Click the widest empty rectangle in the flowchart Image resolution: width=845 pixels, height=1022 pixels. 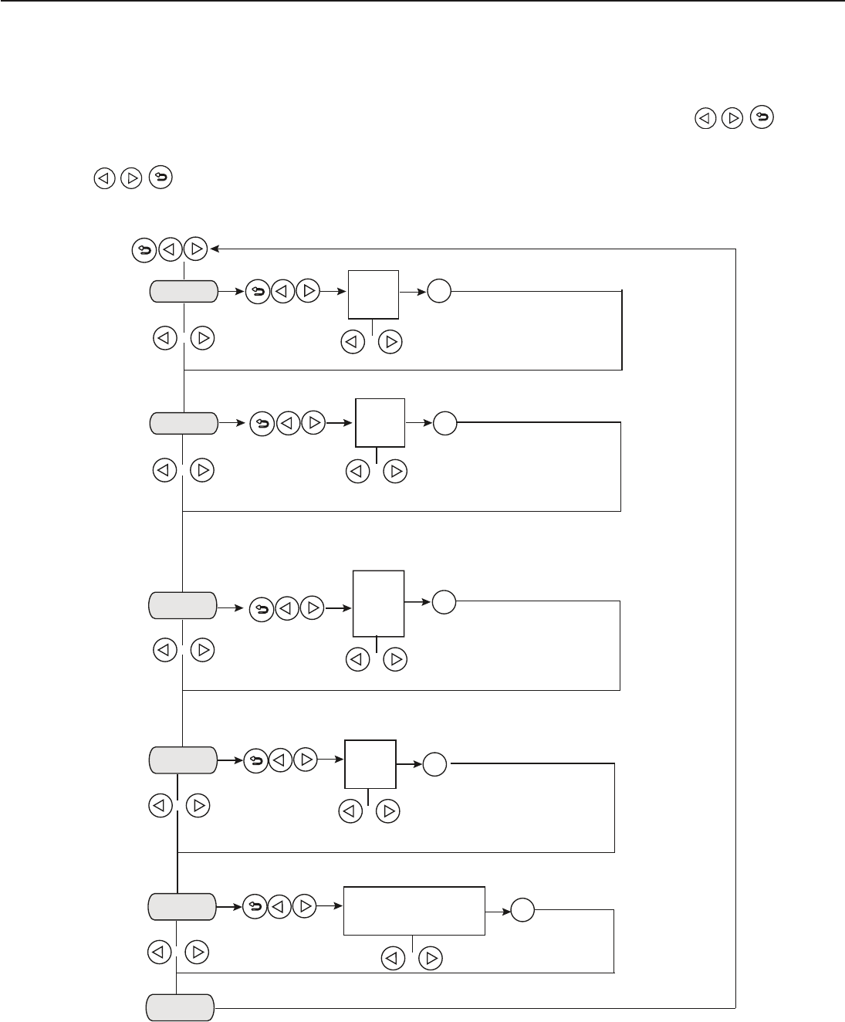click(414, 911)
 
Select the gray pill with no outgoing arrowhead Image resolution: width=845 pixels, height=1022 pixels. click(181, 1008)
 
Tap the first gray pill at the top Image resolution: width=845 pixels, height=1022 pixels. click(183, 292)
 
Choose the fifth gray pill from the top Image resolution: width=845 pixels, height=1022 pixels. click(182, 907)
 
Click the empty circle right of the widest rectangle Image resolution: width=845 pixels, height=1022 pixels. click(522, 911)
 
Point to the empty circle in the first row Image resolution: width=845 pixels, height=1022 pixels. click(439, 293)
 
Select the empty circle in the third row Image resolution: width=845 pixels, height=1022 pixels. click(444, 602)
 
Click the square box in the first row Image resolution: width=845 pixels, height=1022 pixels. click(373, 294)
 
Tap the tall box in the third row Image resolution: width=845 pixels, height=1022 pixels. click(378, 603)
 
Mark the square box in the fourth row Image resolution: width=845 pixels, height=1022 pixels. click(370, 763)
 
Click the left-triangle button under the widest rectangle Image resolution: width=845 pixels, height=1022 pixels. click(394, 959)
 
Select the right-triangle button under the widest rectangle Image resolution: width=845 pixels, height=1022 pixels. click(431, 959)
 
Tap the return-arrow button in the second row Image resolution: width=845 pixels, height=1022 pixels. click(262, 424)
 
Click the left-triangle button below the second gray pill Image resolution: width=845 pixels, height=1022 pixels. click(165, 470)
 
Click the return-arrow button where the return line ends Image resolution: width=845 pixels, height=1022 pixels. click(144, 249)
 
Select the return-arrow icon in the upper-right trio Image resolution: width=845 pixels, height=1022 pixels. click(762, 117)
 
